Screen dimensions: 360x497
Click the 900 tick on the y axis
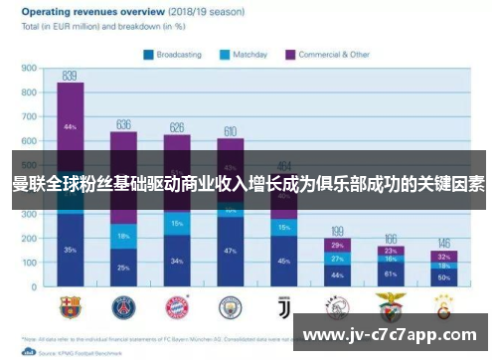(x=29, y=69)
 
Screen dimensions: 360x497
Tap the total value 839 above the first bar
(x=70, y=75)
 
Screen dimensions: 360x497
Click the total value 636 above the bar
(x=123, y=124)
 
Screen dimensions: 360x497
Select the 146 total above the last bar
(x=442, y=243)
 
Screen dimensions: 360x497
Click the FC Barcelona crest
(x=70, y=305)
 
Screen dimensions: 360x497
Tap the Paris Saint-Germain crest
(x=123, y=305)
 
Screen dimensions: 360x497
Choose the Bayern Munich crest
(x=177, y=305)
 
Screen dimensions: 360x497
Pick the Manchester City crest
(x=231, y=305)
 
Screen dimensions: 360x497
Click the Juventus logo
(x=283, y=305)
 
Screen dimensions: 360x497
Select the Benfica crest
(x=389, y=305)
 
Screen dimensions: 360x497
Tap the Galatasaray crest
(x=442, y=305)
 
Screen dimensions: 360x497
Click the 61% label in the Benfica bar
(x=390, y=272)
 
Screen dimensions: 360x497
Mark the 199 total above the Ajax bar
(x=337, y=230)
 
